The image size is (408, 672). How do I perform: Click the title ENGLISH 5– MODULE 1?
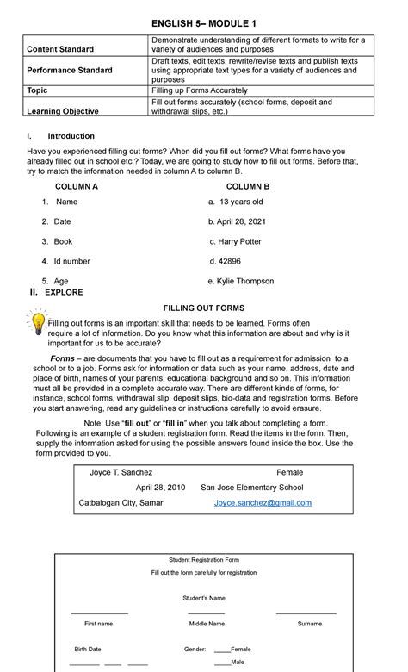tap(204, 22)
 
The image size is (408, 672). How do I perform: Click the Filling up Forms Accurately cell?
tap(202, 90)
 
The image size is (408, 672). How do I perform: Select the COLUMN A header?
tap(77, 186)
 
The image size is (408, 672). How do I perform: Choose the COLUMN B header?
tap(248, 186)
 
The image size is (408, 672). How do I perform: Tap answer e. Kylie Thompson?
tap(241, 281)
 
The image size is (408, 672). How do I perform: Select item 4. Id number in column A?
tap(66, 261)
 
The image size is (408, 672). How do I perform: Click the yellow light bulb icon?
tap(38, 323)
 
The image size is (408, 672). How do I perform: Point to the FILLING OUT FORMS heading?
tap(204, 308)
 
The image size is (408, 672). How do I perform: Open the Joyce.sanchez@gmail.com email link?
tap(263, 502)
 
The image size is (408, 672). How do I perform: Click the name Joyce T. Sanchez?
tap(121, 472)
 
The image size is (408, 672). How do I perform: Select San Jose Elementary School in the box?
tap(251, 487)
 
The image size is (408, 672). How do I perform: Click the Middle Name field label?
tap(207, 623)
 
